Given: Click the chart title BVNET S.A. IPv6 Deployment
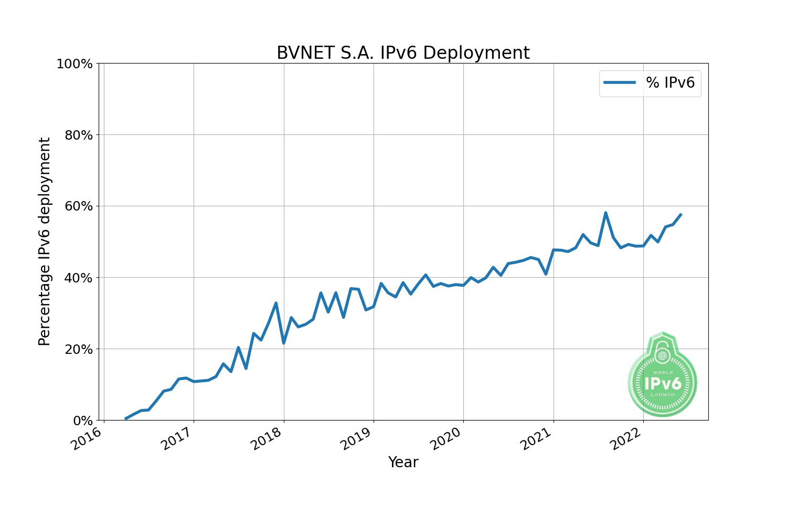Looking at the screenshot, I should click(403, 53).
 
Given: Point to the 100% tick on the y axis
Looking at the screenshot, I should click(75, 64).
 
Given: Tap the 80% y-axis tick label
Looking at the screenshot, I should click(78, 135).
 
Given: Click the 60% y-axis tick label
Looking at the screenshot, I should click(78, 206).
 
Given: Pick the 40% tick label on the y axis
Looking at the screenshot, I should click(78, 278).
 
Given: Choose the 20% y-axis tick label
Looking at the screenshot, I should click(78, 349).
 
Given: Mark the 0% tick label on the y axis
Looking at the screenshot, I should click(82, 421).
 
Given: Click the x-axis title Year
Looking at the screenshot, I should click(403, 463).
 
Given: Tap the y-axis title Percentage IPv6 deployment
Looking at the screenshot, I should click(45, 241).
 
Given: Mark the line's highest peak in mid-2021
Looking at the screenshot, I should click(605, 213).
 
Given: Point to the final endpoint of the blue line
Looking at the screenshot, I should click(680, 214).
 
